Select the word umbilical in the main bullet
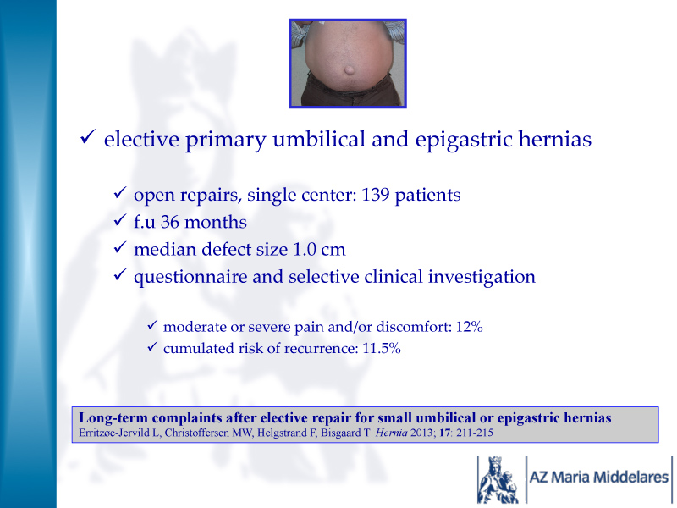pyautogui.click(x=319, y=139)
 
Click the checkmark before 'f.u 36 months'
pyautogui.click(x=119, y=220)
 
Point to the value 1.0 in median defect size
pyautogui.click(x=304, y=250)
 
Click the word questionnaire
pyautogui.click(x=190, y=278)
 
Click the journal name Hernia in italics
pyautogui.click(x=391, y=433)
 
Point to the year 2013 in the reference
pyautogui.click(x=421, y=433)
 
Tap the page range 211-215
pyautogui.click(x=475, y=433)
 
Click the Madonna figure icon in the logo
pyautogui.click(x=498, y=479)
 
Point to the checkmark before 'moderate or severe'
pyautogui.click(x=152, y=325)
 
